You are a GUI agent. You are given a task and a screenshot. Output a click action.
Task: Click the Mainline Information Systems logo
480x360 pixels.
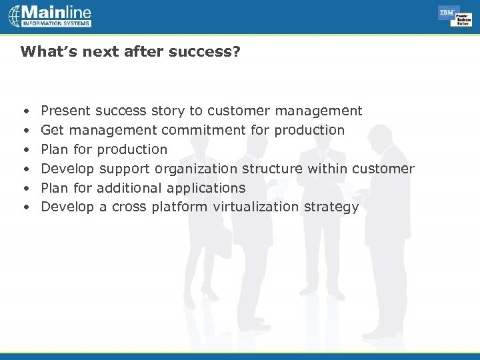[x=50, y=16]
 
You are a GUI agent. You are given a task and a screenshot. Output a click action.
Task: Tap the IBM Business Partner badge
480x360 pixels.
[x=455, y=16]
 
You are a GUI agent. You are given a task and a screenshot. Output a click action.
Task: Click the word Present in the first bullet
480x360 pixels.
[x=66, y=111]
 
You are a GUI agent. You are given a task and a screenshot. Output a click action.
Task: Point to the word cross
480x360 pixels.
[x=129, y=207]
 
